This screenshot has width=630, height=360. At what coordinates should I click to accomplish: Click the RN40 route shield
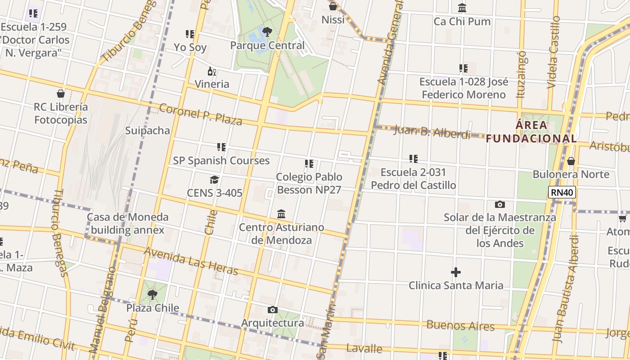tap(562, 193)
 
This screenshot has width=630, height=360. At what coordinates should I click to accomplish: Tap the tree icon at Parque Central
tap(267, 31)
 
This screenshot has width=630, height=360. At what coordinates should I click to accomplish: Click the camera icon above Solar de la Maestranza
tap(499, 204)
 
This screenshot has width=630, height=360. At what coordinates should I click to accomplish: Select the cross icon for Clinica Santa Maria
tap(456, 272)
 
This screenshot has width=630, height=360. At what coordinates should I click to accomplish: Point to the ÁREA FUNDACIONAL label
tap(531, 131)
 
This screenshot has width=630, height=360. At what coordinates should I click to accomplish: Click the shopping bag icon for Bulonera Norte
tap(571, 161)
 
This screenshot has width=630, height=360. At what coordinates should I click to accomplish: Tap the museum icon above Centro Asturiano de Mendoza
tap(281, 214)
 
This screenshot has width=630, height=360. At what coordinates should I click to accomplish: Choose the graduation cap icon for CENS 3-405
tap(214, 180)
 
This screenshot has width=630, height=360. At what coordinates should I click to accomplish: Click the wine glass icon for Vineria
tap(211, 71)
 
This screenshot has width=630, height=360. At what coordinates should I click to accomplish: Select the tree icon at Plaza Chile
tap(153, 295)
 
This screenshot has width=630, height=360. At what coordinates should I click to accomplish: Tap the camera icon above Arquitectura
tap(272, 310)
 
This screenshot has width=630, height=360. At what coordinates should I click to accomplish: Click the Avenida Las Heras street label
tap(191, 261)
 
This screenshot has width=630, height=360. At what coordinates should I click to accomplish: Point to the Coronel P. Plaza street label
tap(201, 114)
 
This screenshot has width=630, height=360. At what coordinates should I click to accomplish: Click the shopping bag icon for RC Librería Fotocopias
tap(61, 94)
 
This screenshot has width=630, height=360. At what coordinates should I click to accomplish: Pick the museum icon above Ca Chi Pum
tap(462, 8)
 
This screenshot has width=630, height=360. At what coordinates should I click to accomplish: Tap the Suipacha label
tap(148, 130)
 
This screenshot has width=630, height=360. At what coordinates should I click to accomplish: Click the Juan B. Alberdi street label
tap(432, 132)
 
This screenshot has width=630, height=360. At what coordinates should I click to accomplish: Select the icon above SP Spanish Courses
tap(221, 147)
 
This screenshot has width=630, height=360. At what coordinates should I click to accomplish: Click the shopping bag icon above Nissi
tap(333, 6)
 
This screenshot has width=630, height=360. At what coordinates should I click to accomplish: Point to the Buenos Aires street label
tap(460, 325)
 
